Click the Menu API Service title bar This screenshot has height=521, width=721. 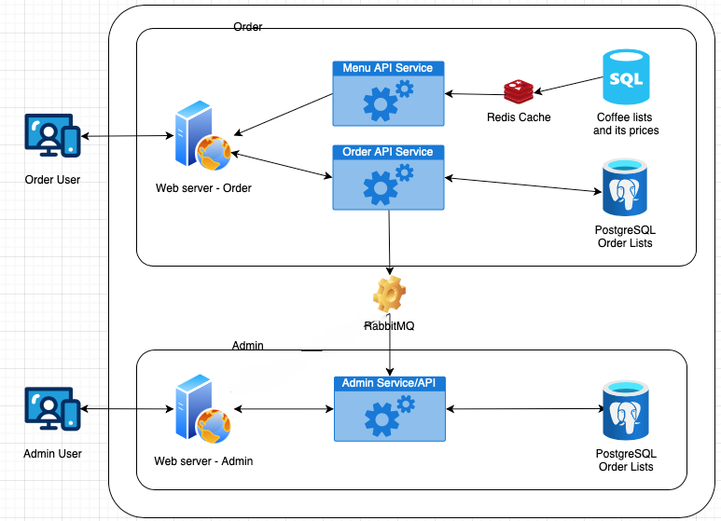[x=389, y=68]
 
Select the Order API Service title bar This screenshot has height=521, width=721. [x=389, y=152]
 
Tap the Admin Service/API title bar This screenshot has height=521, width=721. [x=389, y=383]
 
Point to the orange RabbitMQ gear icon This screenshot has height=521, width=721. [x=389, y=295]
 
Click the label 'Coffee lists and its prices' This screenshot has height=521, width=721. [x=626, y=124]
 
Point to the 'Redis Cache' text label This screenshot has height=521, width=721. [x=519, y=117]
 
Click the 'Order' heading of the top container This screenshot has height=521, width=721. [x=247, y=27]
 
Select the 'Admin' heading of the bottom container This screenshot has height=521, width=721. [x=247, y=346]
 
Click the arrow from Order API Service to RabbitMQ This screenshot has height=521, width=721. [x=389, y=242]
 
